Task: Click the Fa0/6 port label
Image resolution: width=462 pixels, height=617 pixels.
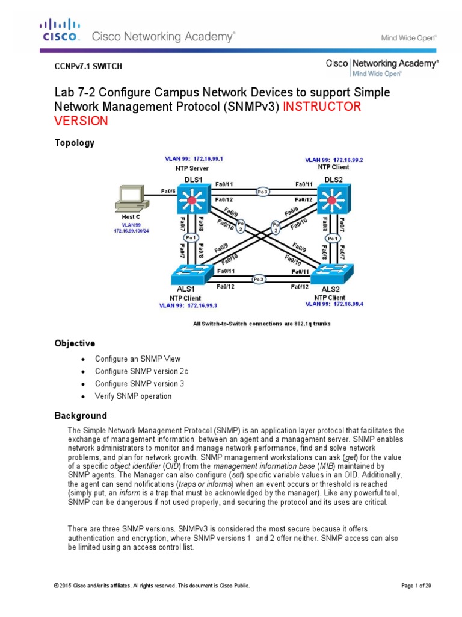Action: [168, 191]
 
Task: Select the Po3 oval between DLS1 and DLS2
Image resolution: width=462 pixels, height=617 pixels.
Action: [262, 192]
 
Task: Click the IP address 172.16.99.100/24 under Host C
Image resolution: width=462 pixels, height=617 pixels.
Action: [132, 231]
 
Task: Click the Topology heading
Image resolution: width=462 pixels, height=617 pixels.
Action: [75, 143]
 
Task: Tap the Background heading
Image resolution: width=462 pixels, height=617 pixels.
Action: [81, 416]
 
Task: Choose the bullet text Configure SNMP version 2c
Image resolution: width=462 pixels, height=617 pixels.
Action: [137, 371]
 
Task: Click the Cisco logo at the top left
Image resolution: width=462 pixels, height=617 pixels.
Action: [60, 30]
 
